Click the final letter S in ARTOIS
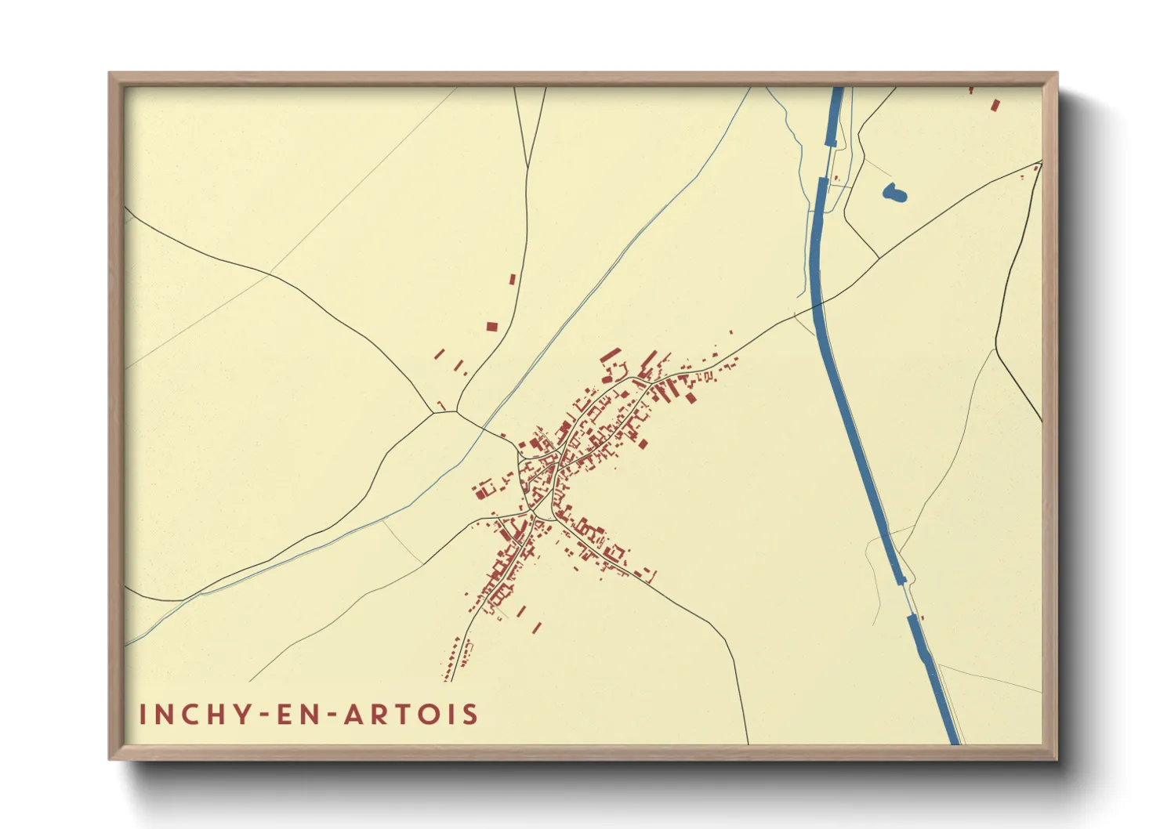pyautogui.click(x=469, y=714)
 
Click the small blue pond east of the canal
pyautogui.click(x=894, y=192)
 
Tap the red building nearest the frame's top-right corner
pyautogui.click(x=995, y=104)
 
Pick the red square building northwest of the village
pyautogui.click(x=491, y=326)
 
